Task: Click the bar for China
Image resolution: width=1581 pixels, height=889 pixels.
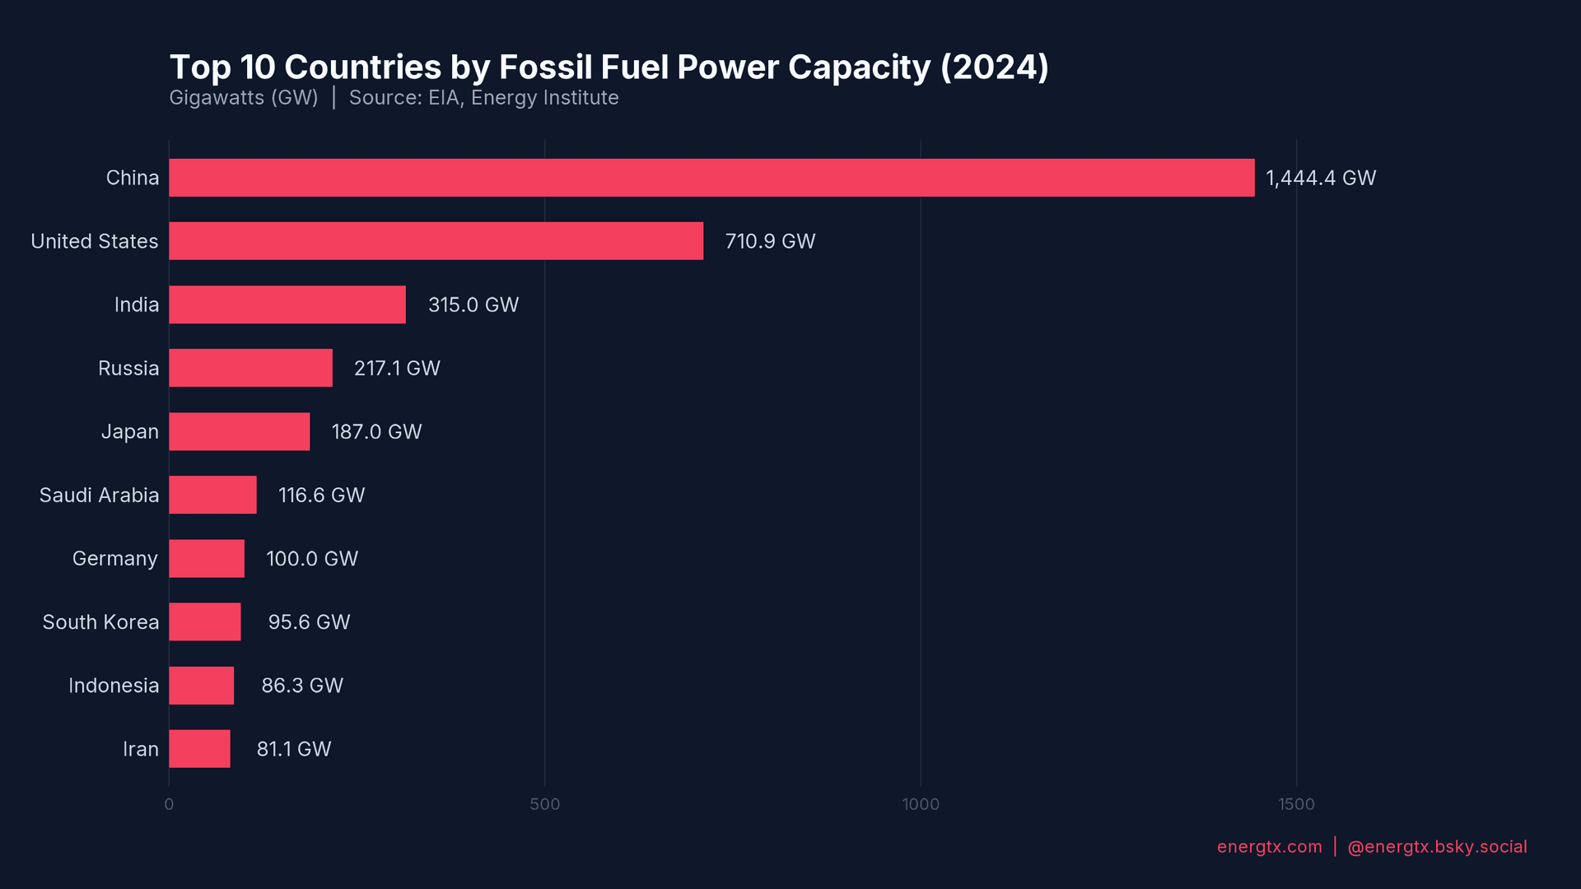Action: pyautogui.click(x=711, y=178)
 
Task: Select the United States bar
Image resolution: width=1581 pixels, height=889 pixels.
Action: pyautogui.click(x=436, y=241)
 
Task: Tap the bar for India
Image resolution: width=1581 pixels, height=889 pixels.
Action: pyautogui.click(x=287, y=305)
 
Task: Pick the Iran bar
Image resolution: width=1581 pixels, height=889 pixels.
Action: pyautogui.click(x=200, y=749)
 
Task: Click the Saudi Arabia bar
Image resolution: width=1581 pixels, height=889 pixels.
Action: pyautogui.click(x=213, y=495)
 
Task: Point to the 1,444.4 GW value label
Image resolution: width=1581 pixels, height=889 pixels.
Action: pyautogui.click(x=1320, y=178)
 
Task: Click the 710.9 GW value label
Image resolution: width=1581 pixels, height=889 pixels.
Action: pyautogui.click(x=770, y=241)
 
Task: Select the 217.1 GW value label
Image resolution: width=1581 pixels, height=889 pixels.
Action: pyautogui.click(x=397, y=368)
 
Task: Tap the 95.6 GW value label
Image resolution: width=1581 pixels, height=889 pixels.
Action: pyautogui.click(x=309, y=622)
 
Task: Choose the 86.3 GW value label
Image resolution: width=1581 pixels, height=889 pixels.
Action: pyautogui.click(x=302, y=686)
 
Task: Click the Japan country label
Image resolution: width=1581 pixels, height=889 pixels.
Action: pyautogui.click(x=130, y=431)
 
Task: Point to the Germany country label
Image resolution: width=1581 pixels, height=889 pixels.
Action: pyautogui.click(x=115, y=559)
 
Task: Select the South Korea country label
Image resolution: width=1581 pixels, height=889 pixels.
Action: pyautogui.click(x=100, y=622)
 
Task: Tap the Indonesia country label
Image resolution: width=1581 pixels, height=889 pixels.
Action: pyautogui.click(x=114, y=686)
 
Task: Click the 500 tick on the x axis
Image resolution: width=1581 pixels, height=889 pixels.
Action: pyautogui.click(x=544, y=804)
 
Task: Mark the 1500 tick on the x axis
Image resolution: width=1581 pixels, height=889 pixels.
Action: pyautogui.click(x=1296, y=804)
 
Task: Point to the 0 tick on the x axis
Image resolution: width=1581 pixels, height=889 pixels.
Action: pyautogui.click(x=169, y=804)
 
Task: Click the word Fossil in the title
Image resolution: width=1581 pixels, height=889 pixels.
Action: pyautogui.click(x=544, y=67)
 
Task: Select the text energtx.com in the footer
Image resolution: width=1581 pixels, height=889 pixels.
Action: pyautogui.click(x=1269, y=847)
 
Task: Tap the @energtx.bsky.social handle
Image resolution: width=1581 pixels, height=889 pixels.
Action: pyautogui.click(x=1437, y=847)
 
